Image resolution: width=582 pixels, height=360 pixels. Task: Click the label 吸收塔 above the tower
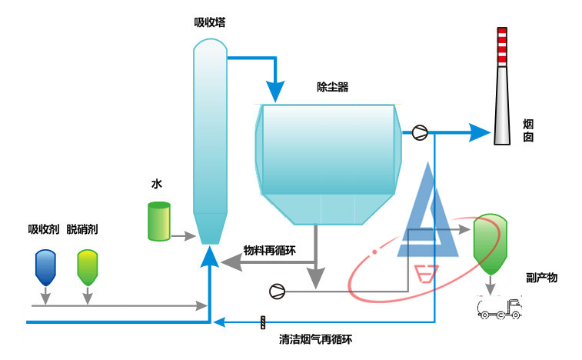[209, 22]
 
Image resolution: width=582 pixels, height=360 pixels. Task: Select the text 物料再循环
[270, 250]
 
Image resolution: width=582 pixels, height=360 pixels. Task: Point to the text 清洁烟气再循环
[315, 338]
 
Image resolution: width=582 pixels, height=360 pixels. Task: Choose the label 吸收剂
[43, 229]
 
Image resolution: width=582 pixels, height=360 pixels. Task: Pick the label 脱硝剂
[82, 229]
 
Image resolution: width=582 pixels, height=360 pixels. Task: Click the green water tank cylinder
[159, 221]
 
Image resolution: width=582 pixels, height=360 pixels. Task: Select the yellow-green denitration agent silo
[88, 266]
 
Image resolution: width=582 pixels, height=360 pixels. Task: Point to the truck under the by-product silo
[499, 308]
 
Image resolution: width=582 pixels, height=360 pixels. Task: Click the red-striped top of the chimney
[501, 46]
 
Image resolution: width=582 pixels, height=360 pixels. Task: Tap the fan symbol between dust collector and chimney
[420, 132]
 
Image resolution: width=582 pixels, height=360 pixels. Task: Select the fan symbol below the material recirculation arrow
[277, 291]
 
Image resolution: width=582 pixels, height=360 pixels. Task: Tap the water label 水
[157, 185]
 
